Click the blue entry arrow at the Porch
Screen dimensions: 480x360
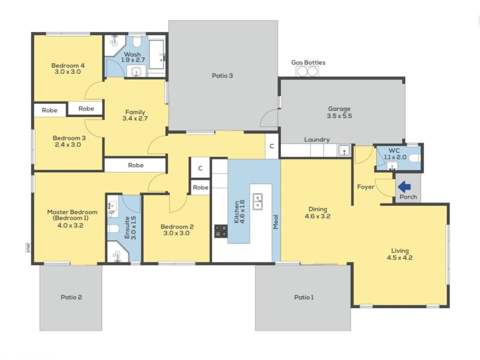[x=404, y=187]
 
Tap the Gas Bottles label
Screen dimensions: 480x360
[x=308, y=62]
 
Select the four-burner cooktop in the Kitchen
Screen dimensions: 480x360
[x=221, y=231]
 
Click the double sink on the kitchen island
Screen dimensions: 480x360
[x=258, y=202]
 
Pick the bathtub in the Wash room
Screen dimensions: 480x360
[x=156, y=54]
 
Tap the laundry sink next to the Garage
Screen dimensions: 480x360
[x=344, y=150]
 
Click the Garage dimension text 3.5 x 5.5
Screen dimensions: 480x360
[x=339, y=116]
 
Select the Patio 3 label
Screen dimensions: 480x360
[x=222, y=76]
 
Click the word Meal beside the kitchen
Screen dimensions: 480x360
[x=276, y=222]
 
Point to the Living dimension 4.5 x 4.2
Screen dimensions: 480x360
[x=400, y=258]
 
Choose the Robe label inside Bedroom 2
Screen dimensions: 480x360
[x=200, y=187]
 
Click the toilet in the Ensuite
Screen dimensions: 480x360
[x=113, y=229]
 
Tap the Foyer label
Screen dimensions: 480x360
[x=366, y=187]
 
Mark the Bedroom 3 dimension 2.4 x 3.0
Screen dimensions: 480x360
[x=68, y=144]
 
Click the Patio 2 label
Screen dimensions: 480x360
[x=71, y=297]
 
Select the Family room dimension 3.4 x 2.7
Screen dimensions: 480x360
[x=135, y=118]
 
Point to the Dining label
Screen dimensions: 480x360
[x=318, y=209]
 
